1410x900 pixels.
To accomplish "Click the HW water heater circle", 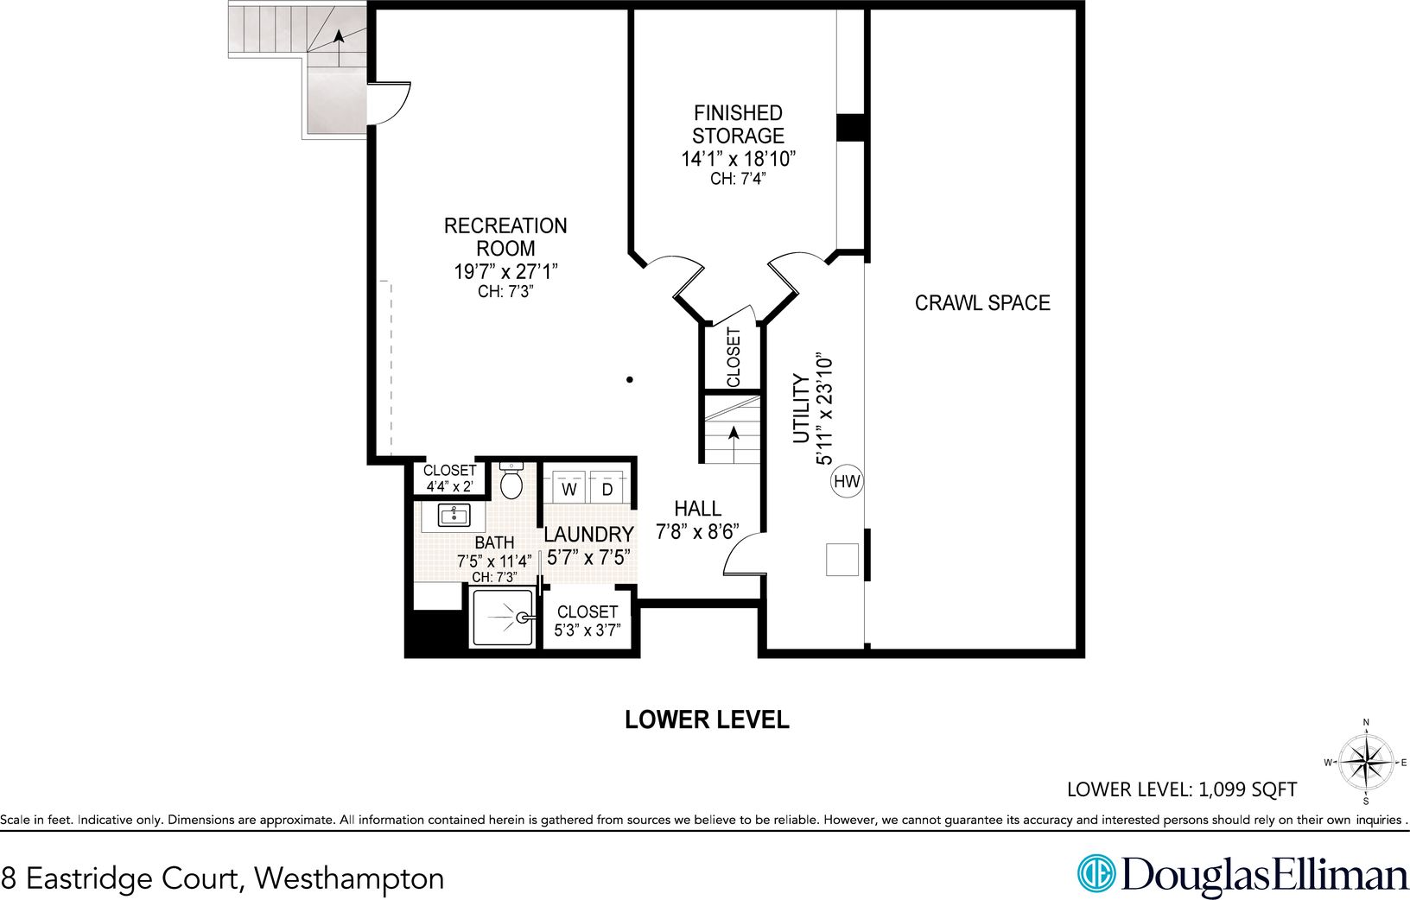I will click(847, 482).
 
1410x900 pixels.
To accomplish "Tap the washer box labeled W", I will click(569, 489).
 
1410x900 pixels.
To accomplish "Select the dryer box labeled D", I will click(607, 489).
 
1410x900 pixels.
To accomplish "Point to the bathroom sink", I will click(454, 516).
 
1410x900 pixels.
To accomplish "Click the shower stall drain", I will click(523, 618).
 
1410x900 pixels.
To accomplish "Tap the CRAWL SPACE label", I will click(982, 303).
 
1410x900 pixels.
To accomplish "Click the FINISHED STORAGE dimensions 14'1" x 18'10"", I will click(737, 159).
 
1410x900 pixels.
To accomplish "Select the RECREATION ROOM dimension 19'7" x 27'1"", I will click(505, 271).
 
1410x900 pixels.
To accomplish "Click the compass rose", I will click(1366, 762).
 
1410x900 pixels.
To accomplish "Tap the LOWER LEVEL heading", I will click(707, 719).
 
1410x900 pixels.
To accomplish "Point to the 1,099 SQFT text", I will click(1248, 789).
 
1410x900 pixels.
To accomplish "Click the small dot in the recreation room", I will click(630, 379).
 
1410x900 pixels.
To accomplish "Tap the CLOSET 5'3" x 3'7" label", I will click(587, 621).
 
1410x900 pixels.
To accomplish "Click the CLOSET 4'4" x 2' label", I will click(449, 478).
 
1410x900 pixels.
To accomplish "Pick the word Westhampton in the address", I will click(350, 878).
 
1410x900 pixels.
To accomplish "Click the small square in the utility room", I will click(842, 559).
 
